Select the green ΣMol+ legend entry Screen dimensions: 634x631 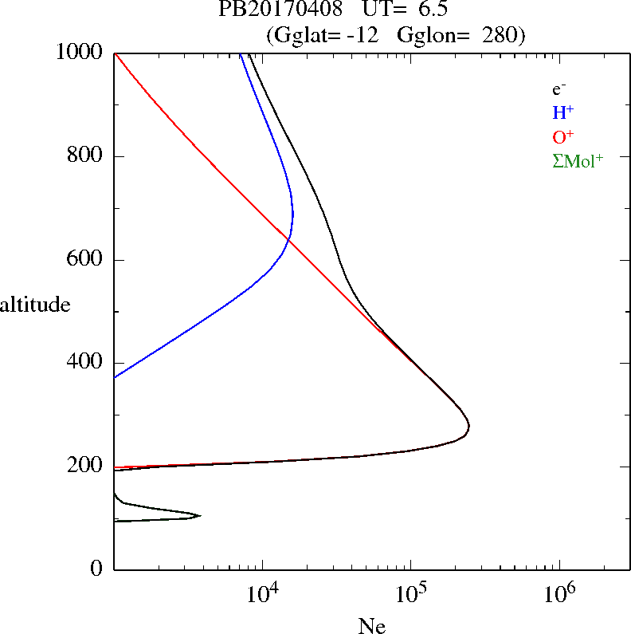pos(578,160)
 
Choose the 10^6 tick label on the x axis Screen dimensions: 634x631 pos(558,593)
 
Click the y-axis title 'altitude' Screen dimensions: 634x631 pos(35,305)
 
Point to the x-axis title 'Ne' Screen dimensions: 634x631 pos(371,624)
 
